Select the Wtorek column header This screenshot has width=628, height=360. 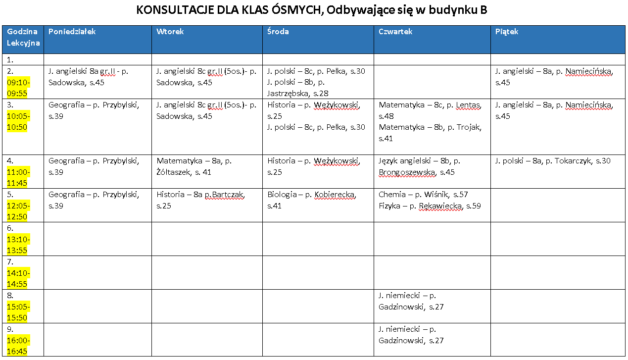coord(170,32)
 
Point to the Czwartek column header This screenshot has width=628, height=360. coord(395,32)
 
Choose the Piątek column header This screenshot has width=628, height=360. coord(507,32)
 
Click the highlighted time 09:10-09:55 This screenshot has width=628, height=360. coord(18,88)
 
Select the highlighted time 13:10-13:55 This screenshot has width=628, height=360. coord(18,245)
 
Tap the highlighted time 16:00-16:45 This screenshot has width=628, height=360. coord(18,346)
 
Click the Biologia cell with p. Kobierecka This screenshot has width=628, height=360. coord(311,200)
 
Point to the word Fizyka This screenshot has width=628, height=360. coord(389,206)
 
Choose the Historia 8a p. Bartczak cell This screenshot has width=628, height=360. coord(200,200)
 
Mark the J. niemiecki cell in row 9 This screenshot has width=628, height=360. coord(411,335)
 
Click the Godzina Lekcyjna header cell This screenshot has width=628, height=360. coord(23,37)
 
